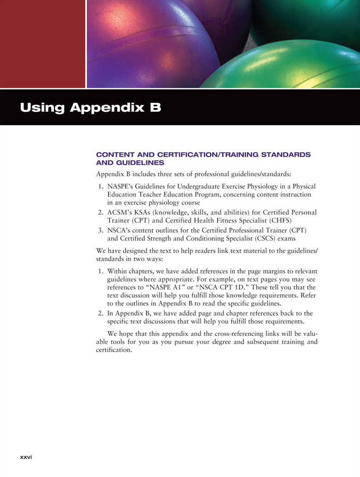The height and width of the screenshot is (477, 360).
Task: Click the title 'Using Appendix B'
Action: (90, 108)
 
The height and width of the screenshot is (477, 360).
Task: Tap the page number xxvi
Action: (26, 457)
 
